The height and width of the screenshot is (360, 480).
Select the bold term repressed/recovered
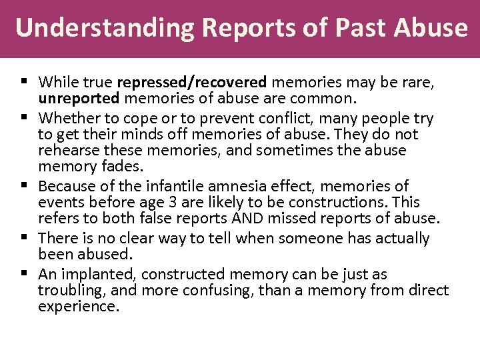tap(192, 82)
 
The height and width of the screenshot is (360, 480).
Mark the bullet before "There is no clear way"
tap(23, 237)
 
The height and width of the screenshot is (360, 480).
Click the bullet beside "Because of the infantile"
tap(23, 185)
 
